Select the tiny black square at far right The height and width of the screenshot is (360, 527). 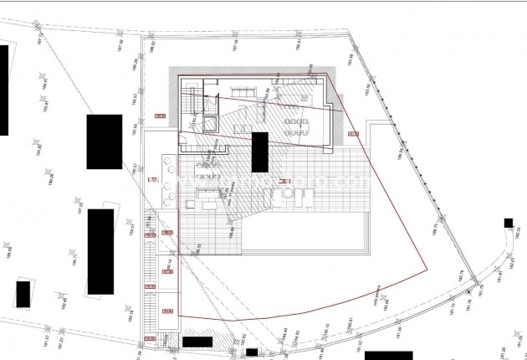click(x=508, y=222)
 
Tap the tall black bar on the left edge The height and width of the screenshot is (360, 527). click(x=3, y=90)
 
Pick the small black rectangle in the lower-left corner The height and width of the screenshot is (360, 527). click(x=23, y=294)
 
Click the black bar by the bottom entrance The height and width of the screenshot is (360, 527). click(x=197, y=342)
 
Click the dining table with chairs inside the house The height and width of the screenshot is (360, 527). click(x=294, y=126)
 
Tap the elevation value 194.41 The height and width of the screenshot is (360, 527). click(x=46, y=82)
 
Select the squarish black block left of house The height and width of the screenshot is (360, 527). click(x=104, y=141)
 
